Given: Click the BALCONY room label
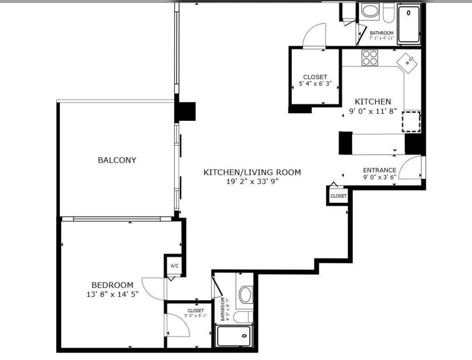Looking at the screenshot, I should (x=117, y=160).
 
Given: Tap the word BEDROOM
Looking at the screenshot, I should (x=112, y=285).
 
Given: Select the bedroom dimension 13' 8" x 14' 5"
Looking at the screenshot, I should (x=112, y=294).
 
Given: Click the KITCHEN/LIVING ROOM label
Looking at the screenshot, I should (x=252, y=172).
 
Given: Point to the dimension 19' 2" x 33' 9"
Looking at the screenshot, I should (x=252, y=181).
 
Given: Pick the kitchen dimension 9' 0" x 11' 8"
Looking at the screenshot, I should (x=372, y=111).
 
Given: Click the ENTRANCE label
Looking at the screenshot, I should (x=379, y=170).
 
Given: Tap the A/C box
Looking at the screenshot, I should (x=174, y=266).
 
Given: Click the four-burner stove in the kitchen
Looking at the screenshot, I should (x=369, y=58).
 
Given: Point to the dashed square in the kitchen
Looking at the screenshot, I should (x=411, y=122).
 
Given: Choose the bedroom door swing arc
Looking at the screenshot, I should (x=153, y=289).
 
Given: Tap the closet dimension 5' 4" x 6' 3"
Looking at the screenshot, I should (x=315, y=85).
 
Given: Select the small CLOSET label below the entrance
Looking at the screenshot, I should (x=338, y=196).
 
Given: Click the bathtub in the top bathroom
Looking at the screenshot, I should (x=408, y=24).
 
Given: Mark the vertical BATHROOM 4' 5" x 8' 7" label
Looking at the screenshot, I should (x=224, y=309).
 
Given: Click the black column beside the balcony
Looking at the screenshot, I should (x=186, y=111).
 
